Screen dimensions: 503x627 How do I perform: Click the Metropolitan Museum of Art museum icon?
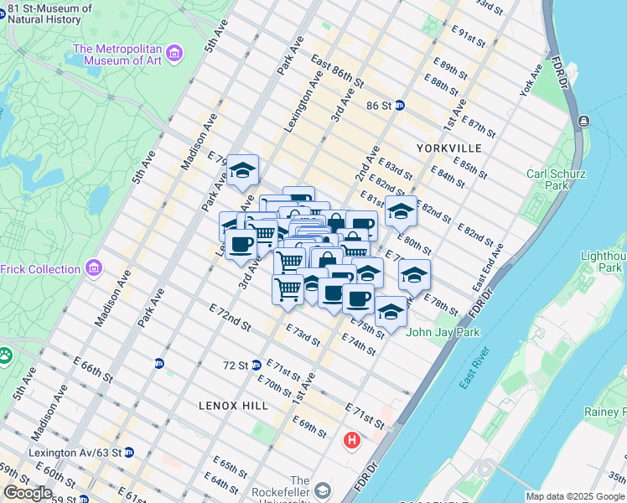(x=175, y=55)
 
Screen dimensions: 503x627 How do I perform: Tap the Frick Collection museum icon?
(x=94, y=269)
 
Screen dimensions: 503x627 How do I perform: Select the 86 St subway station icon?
(x=401, y=106)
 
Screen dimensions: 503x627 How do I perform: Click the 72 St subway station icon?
(x=256, y=365)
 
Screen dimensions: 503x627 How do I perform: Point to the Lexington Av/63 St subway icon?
(x=129, y=452)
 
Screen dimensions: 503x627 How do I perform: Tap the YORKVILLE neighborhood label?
(x=448, y=148)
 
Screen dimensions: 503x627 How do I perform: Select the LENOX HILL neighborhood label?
(x=234, y=406)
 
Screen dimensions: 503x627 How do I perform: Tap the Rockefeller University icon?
(x=324, y=489)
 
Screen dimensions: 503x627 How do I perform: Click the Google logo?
(x=28, y=493)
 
